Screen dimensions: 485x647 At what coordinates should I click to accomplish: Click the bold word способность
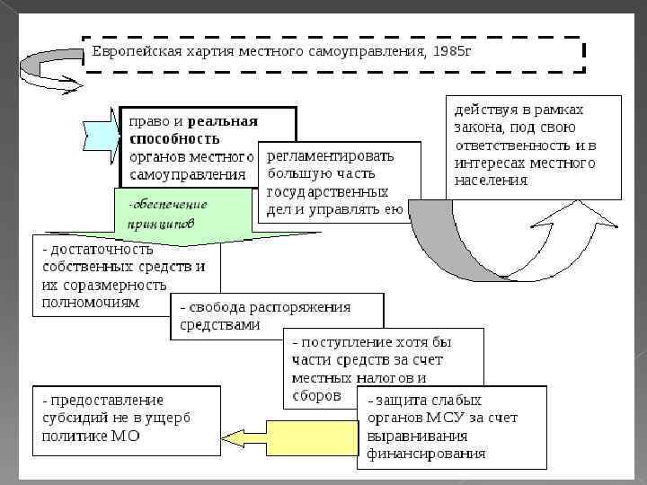click(174, 138)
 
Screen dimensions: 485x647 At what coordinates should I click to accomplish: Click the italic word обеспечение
click(168, 204)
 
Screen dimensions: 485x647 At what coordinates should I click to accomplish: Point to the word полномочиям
click(91, 303)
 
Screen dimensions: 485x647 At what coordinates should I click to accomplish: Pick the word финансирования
click(426, 454)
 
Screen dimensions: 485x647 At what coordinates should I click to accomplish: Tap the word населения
click(491, 180)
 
